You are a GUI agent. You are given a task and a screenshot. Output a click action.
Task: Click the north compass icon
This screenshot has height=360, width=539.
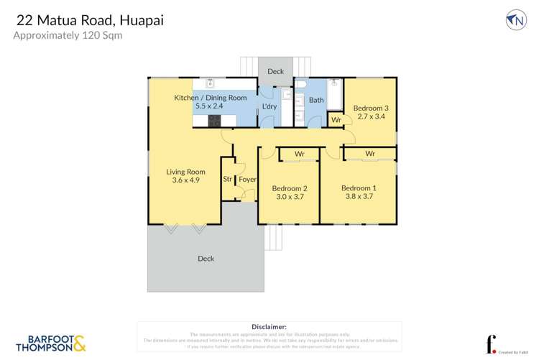pyautogui.click(x=515, y=20)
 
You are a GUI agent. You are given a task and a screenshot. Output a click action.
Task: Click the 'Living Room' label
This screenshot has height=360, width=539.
pyautogui.click(x=185, y=172)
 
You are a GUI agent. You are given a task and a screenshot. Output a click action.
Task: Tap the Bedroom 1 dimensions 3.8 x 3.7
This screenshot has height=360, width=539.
pyautogui.click(x=359, y=195)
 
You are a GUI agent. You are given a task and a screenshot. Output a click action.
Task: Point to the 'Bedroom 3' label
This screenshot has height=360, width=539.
pyautogui.click(x=369, y=107)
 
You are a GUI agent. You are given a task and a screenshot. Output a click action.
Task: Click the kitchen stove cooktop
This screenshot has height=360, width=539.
pyautogui.click(x=213, y=121)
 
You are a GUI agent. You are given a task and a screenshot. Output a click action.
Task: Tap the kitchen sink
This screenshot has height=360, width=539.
pyautogui.click(x=211, y=83)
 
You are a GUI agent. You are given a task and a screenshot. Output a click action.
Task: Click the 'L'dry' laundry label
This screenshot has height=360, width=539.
pyautogui.click(x=269, y=107)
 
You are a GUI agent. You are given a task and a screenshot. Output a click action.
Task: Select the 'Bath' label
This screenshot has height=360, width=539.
pyautogui.click(x=316, y=101)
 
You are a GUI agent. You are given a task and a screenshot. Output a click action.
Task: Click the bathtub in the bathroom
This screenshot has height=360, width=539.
pyautogui.click(x=335, y=94)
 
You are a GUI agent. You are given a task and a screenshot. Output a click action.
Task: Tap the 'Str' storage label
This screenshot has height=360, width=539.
pyautogui.click(x=227, y=179)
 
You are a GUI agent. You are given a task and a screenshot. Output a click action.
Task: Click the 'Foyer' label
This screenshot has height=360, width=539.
pyautogui.click(x=247, y=179)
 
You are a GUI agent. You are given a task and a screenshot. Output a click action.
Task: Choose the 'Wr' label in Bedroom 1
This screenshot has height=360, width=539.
pyautogui.click(x=369, y=154)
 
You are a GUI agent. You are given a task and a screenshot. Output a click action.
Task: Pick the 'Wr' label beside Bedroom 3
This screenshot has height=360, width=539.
pyautogui.click(x=336, y=120)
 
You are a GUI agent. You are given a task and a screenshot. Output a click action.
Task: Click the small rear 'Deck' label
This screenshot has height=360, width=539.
pyautogui.click(x=275, y=71)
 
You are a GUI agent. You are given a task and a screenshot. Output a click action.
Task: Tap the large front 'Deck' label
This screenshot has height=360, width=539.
pyautogui.click(x=206, y=259)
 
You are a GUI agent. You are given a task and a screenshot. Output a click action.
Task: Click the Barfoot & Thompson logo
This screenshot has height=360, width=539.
pyautogui.click(x=50, y=343)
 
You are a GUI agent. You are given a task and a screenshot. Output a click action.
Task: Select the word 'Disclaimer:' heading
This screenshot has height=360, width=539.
pyautogui.click(x=269, y=327)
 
